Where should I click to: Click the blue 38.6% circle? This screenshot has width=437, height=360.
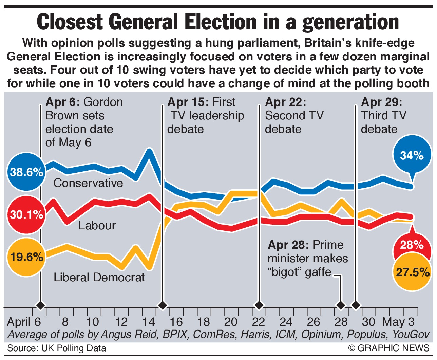26,172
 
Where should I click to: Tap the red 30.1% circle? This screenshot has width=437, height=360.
26,215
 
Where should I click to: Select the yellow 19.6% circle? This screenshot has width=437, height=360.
26,257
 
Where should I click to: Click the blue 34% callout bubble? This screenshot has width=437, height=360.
412,155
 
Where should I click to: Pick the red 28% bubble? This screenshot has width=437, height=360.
411,245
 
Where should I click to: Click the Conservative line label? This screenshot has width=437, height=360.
88,183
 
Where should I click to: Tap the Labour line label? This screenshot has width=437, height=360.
97,225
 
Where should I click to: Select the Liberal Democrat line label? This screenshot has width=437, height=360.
99,278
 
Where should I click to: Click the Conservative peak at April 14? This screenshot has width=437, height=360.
149,150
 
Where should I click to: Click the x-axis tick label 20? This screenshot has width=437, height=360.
231,322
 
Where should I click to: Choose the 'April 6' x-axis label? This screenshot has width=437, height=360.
24,322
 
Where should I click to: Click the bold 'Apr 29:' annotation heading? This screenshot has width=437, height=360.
382,102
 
